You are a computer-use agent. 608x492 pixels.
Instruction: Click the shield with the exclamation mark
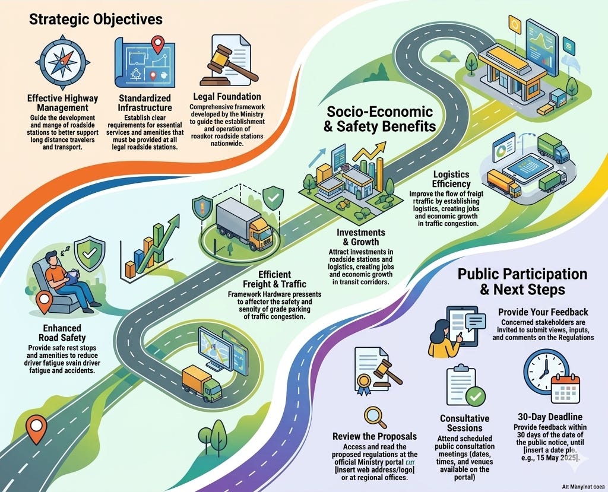coord(202,208)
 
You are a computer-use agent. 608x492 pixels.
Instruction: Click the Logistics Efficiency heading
coord(451,180)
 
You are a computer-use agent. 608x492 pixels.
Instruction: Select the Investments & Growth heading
coord(360,237)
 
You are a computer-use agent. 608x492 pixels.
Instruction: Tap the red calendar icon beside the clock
coord(565,389)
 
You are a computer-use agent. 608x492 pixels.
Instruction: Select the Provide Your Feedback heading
coord(543,312)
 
